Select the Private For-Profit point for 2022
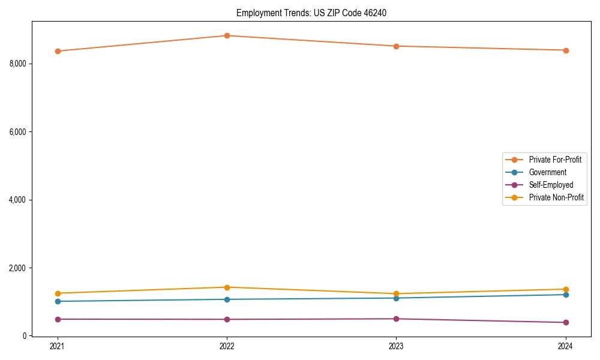[227, 35]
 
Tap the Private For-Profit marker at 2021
[58, 51]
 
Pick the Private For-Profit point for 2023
[396, 46]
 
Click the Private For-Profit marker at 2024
[565, 50]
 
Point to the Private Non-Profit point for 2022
[227, 287]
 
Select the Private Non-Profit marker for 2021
[58, 293]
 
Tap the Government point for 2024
[565, 295]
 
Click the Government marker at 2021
[58, 301]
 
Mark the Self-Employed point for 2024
[565, 323]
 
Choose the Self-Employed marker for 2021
[58, 319]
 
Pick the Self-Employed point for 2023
[396, 319]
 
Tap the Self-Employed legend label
[551, 185]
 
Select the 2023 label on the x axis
[396, 346]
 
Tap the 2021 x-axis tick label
[58, 346]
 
